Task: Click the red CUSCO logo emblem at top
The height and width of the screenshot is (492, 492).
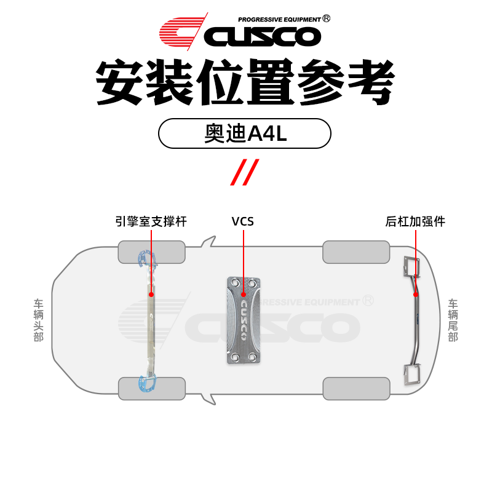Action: (x=181, y=33)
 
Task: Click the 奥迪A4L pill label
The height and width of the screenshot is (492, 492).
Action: (x=245, y=133)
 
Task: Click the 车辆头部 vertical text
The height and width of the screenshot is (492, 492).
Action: (x=39, y=320)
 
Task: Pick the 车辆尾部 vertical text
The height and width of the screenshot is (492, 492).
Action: (x=453, y=320)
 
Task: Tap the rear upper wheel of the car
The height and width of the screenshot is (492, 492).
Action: (x=356, y=252)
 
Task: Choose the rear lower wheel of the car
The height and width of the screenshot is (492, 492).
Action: (x=356, y=389)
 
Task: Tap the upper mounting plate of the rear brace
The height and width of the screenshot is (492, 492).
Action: (x=410, y=267)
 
